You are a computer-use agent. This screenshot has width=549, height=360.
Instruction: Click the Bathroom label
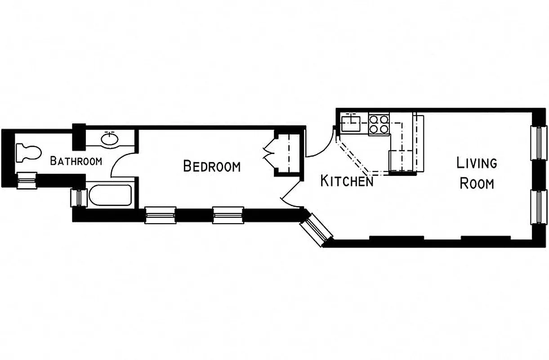coord(76,161)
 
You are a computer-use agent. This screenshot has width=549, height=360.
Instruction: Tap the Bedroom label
coord(212,166)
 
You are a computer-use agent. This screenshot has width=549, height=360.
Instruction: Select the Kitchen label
coord(347,181)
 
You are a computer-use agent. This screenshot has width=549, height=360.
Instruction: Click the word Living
coord(477,162)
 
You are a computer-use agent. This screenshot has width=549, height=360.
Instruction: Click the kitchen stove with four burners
coord(379,125)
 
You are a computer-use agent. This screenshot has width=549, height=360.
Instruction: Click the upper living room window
coord(538,142)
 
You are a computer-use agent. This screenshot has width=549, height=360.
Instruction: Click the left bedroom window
coord(160,215)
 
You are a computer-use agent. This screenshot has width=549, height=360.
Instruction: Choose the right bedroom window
coord(228,215)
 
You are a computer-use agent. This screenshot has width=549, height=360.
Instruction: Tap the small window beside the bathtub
coord(76,197)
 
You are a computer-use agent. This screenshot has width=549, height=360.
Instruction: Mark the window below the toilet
coord(26,180)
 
